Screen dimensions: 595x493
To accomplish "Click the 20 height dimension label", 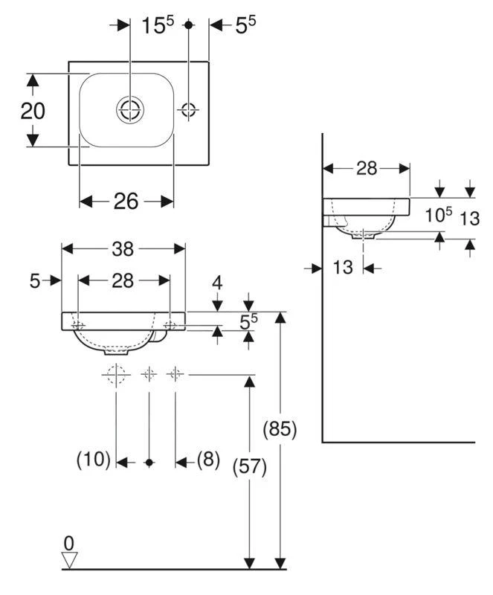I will pos(33,111).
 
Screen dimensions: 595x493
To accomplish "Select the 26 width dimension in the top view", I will pos(126,201).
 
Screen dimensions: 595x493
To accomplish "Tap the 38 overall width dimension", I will pos(123,251).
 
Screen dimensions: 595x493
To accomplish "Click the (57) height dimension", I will pos(250,466).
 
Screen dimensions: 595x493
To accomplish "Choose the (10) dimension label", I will pos(94,460).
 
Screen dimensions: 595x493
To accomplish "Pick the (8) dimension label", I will pos(207,460).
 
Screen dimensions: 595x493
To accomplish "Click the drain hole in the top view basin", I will pos(129,110).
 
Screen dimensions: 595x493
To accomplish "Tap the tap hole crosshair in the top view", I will pos(188,110).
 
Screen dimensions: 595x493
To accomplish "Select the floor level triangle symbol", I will pos(70,559).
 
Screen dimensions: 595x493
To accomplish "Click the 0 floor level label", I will pos(69,543).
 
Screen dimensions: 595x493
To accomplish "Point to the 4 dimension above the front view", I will pos(217,283).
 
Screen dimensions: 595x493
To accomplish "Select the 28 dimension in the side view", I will pos(367,169).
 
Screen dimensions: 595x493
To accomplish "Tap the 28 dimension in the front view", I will pos(123,280).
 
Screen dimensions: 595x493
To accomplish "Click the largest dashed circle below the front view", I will pos(117,375).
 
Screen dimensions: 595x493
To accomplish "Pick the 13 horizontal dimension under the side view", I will pos(343,267).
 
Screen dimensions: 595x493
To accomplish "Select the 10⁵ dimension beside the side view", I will pos(438,215).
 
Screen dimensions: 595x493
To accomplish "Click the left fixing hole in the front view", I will pos(79,326).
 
